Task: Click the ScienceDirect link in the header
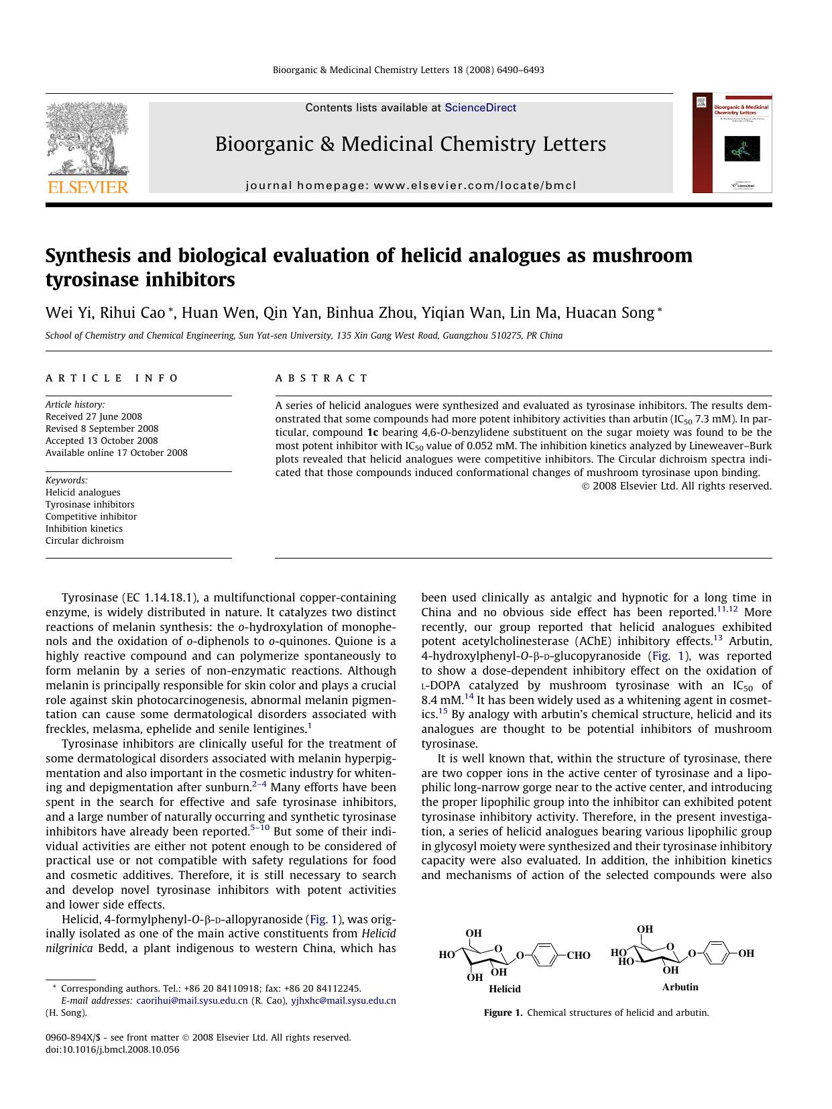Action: (480, 107)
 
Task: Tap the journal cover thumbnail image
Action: (732, 143)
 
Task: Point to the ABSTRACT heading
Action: (322, 378)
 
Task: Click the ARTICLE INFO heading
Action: (112, 378)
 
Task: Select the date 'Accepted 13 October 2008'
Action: (102, 441)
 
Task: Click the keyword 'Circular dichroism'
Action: (84, 540)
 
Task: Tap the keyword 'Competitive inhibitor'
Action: (91, 516)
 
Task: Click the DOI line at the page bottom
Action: (113, 1049)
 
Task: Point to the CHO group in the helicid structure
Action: (578, 955)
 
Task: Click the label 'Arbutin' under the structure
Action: (680, 987)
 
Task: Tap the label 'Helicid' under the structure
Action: (504, 988)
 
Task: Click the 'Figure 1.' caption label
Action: (503, 1012)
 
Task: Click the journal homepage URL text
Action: (410, 186)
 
